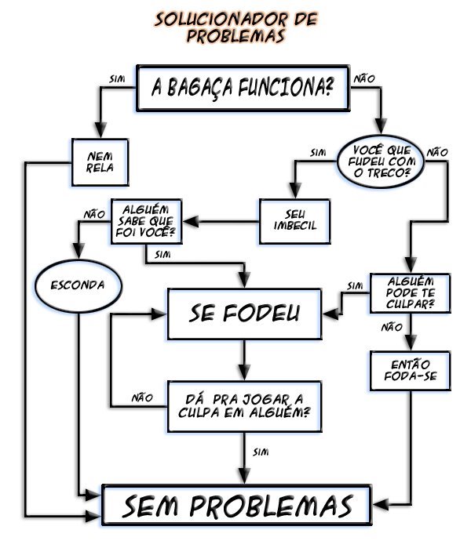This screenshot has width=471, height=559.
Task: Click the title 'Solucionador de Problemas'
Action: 235,27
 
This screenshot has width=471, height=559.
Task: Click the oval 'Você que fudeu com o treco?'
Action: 381,160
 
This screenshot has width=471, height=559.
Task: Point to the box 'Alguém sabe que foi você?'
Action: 146,222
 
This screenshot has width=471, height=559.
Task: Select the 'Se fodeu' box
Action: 244,314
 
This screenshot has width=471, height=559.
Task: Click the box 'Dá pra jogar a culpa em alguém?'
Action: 245,405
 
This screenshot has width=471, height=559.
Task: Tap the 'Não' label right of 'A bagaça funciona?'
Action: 365,78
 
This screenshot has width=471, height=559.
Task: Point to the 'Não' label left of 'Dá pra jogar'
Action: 142,397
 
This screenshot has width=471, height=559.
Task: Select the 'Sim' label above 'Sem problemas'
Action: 262,452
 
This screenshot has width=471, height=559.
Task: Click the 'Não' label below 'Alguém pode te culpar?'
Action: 391,327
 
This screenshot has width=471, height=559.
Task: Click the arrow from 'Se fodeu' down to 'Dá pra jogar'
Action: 244,361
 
